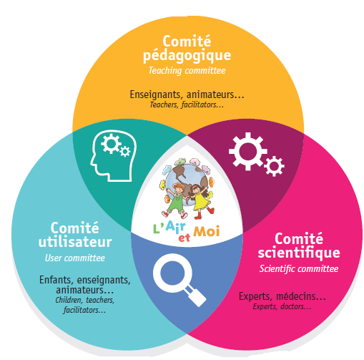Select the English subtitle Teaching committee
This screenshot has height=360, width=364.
[187, 71]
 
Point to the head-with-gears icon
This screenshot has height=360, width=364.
[113, 155]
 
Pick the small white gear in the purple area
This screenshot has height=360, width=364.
[274, 166]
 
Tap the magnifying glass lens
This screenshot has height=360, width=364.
[172, 273]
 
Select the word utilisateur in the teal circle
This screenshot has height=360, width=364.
[75, 242]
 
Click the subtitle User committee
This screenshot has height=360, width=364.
[75, 258]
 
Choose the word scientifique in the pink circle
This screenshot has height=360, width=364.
[299, 253]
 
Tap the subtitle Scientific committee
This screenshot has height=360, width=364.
[299, 269]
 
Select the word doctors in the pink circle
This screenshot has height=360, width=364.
[296, 306]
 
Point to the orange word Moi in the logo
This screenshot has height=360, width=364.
[206, 231]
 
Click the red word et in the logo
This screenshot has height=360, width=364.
[185, 238]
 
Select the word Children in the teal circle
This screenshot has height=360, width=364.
[69, 300]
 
